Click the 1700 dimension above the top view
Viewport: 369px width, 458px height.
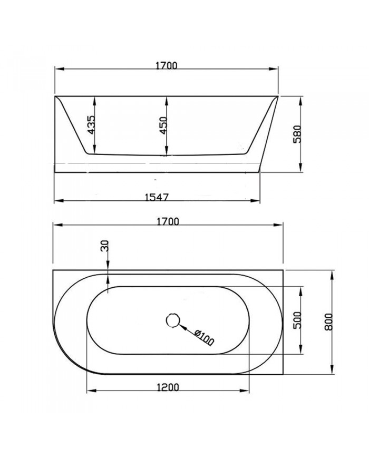(x=168, y=221)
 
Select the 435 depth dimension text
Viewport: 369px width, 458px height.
(x=91, y=125)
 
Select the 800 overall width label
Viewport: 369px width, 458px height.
(x=329, y=320)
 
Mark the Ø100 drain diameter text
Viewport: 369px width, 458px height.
(x=203, y=337)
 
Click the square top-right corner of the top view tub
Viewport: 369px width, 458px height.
(x=284, y=271)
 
